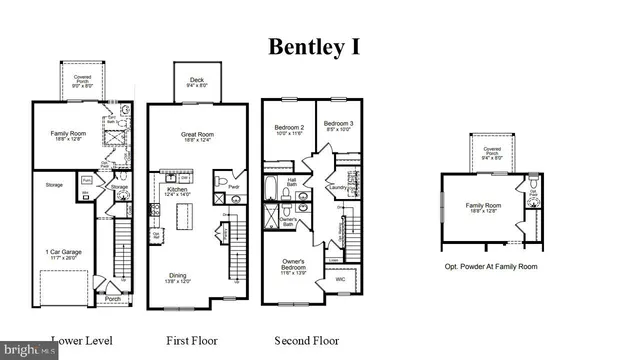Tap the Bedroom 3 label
340,124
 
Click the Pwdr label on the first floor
234,186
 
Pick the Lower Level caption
81,341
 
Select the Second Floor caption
307,341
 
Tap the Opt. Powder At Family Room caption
492,267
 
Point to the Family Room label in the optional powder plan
482,208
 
